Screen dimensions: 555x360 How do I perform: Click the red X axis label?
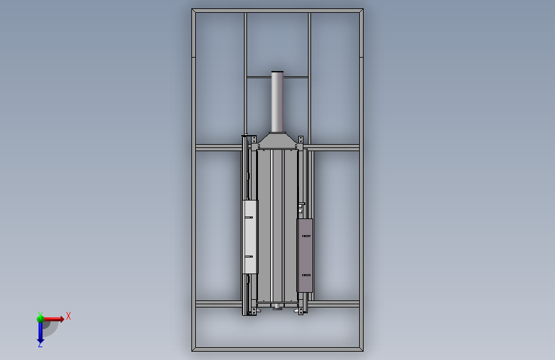68,316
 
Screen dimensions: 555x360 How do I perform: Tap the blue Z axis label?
40,344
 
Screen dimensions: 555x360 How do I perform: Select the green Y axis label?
40,315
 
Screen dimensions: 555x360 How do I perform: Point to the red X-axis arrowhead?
62,319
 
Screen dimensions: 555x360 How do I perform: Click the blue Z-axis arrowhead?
40,341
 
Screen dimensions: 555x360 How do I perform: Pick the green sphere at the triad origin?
40,319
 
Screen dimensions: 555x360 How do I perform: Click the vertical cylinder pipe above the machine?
277,102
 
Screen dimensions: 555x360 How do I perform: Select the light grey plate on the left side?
250,237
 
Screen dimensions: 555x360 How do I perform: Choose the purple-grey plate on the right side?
305,256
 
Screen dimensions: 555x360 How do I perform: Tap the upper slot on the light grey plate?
249,217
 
